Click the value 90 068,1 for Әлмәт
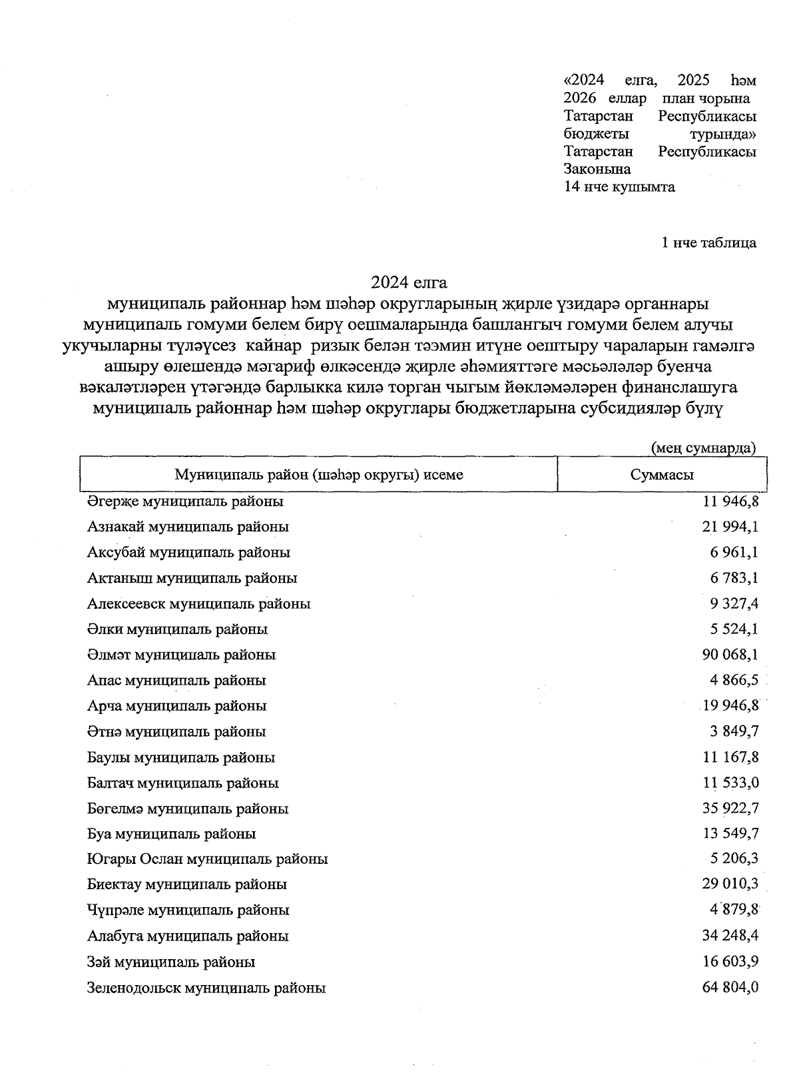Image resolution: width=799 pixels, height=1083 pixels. pyautogui.click(x=730, y=655)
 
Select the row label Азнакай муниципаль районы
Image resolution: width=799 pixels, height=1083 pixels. pyautogui.click(x=188, y=527)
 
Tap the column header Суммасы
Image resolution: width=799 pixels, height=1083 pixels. pyautogui.click(x=661, y=475)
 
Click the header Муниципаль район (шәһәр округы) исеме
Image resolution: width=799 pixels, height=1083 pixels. pyautogui.click(x=318, y=475)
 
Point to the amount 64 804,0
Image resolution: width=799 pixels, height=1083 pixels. pyautogui.click(x=730, y=988)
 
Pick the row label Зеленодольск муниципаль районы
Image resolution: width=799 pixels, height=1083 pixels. pyautogui.click(x=206, y=988)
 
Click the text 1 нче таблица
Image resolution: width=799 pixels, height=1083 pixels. pyautogui.click(x=708, y=242)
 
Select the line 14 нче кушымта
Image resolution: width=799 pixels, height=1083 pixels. pyautogui.click(x=619, y=187)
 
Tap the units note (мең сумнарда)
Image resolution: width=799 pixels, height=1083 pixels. pyautogui.click(x=703, y=448)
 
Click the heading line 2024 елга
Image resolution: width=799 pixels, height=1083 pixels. pyautogui.click(x=408, y=282)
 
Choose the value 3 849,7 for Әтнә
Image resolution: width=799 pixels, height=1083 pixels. pyautogui.click(x=734, y=731)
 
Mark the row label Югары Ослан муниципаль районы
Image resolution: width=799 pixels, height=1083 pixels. pyautogui.click(x=207, y=859)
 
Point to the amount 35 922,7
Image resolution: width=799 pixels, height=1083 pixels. pyautogui.click(x=730, y=809)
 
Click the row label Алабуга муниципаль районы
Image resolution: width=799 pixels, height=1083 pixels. pyautogui.click(x=188, y=936)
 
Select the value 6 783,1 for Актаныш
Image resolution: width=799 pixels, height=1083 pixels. pyautogui.click(x=734, y=578)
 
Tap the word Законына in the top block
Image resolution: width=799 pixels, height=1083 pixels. pyautogui.click(x=597, y=169)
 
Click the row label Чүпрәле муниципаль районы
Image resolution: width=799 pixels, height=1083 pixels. pyautogui.click(x=188, y=910)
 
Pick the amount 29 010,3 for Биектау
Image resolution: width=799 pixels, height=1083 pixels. pyautogui.click(x=730, y=885)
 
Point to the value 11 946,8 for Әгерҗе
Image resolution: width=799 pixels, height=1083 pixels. pyautogui.click(x=730, y=501)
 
